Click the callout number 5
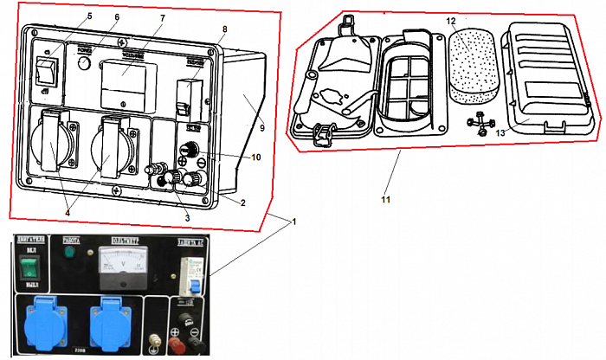[x=89, y=16]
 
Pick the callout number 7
[x=162, y=18]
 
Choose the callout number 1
[x=293, y=221]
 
